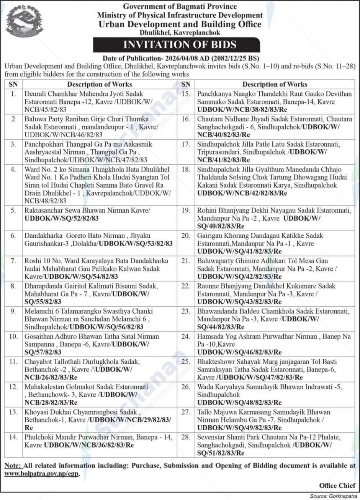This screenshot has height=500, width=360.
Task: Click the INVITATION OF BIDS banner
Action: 180,44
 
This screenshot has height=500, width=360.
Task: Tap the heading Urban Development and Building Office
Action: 180,24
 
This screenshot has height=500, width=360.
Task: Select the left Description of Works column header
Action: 100,84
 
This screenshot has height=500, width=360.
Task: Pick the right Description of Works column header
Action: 275,84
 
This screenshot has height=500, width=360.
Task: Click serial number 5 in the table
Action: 13,211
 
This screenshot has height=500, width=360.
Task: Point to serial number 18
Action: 186,169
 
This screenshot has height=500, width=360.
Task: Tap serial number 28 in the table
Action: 186,437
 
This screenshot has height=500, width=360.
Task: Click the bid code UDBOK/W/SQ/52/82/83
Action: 62,219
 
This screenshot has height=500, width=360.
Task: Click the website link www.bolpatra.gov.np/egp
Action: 41,474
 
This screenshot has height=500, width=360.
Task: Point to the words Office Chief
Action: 337,485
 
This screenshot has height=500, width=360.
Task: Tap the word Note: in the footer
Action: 13,466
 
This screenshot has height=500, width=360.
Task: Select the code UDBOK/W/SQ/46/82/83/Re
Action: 239,352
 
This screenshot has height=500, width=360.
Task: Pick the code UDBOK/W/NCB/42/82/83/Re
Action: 242,193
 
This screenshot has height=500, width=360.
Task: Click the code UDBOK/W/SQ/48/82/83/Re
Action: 239,402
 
